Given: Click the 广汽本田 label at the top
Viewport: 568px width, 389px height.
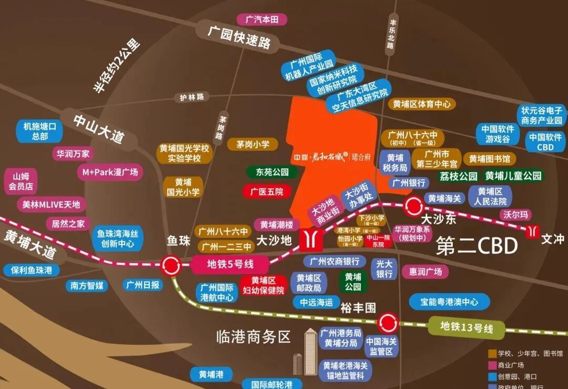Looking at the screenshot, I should [266, 20].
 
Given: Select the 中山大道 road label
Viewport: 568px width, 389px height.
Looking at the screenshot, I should [99, 128].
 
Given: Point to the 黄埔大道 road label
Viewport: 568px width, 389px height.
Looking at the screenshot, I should [30, 244].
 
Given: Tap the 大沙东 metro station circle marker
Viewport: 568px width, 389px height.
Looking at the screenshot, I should [413, 207].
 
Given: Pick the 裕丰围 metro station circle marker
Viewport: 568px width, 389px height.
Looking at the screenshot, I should [388, 321].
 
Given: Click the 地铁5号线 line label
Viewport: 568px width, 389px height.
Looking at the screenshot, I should [223, 264].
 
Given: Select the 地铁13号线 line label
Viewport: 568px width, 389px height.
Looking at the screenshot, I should [467, 328].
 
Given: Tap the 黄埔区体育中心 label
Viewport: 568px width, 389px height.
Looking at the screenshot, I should [422, 104].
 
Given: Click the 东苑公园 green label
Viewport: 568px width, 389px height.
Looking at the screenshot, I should [272, 172].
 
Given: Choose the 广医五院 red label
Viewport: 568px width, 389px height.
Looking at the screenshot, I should [266, 192].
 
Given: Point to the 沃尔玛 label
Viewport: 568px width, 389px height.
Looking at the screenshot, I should [515, 215].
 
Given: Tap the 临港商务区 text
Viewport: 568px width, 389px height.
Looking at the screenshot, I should [253, 337].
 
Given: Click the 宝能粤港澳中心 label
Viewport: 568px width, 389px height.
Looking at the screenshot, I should [449, 302].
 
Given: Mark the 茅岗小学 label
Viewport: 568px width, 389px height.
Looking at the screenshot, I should [252, 144].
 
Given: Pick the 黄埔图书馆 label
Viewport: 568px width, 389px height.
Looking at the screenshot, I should [489, 158].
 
